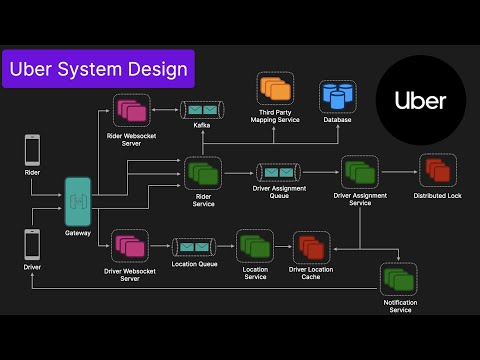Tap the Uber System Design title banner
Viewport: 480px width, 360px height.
tap(98, 70)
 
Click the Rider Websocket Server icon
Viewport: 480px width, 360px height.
tap(131, 109)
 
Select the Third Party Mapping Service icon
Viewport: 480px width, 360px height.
tap(273, 91)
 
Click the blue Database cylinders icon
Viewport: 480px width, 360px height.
tap(338, 97)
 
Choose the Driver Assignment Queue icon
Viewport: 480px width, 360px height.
tap(273, 172)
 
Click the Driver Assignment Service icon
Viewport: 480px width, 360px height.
tap(358, 172)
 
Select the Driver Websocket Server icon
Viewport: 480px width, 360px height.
tap(131, 246)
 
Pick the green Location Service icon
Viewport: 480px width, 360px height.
tap(254, 246)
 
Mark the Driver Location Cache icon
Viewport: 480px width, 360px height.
tap(310, 246)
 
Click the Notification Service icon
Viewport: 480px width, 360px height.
tap(398, 281)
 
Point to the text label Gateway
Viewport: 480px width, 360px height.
tap(78, 233)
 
